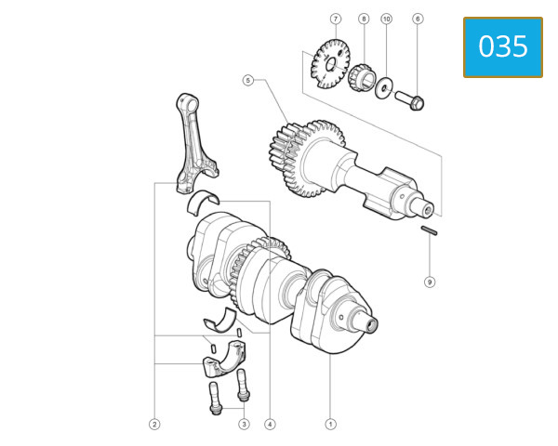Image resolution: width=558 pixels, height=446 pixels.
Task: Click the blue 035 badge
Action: (503, 46)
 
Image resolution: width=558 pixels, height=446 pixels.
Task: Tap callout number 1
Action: (330, 424)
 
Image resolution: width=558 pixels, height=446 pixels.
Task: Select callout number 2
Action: (154, 424)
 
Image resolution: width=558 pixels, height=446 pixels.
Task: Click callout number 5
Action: (418, 19)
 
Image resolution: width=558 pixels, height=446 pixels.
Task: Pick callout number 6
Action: (335, 19)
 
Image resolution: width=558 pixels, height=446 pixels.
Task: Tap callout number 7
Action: (364, 19)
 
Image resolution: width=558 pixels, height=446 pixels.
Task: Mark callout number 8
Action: (430, 281)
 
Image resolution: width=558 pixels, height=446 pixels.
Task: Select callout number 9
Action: (387, 19)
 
